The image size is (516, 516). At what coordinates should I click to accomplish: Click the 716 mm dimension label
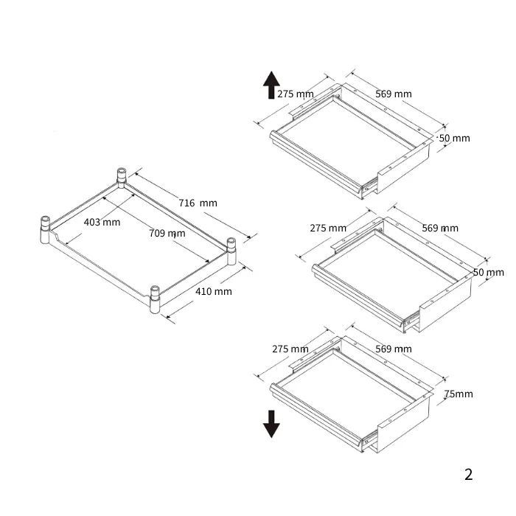pyautogui.click(x=198, y=203)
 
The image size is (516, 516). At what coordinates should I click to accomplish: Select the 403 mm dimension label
pyautogui.click(x=102, y=222)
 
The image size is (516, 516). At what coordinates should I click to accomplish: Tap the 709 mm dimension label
pyautogui.click(x=167, y=234)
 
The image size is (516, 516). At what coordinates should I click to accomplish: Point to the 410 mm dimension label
pyautogui.click(x=214, y=292)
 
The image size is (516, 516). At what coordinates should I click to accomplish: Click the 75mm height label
pyautogui.click(x=459, y=394)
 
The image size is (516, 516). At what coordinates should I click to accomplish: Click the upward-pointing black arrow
pyautogui.click(x=271, y=85)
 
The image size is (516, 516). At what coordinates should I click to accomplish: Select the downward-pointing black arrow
pyautogui.click(x=271, y=424)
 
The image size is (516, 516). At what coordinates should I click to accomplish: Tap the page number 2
pyautogui.click(x=469, y=474)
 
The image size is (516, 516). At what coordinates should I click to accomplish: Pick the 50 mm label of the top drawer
pyautogui.click(x=455, y=139)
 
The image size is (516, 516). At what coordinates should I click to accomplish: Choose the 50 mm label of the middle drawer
pyautogui.click(x=489, y=273)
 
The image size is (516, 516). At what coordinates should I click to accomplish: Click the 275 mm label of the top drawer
pyautogui.click(x=296, y=94)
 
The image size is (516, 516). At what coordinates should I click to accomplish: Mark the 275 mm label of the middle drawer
pyautogui.click(x=328, y=228)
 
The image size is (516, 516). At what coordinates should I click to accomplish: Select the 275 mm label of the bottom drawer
pyautogui.click(x=290, y=349)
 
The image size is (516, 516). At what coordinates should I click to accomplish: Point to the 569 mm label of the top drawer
pyautogui.click(x=394, y=94)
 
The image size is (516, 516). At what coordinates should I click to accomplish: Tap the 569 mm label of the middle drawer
pyautogui.click(x=440, y=228)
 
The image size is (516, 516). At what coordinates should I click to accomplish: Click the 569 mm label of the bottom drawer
pyautogui.click(x=394, y=349)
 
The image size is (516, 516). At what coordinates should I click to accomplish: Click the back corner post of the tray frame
pyautogui.click(x=122, y=178)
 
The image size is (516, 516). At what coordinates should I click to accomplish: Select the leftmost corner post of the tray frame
pyautogui.click(x=45, y=230)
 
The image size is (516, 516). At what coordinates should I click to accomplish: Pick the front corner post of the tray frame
pyautogui.click(x=155, y=299)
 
